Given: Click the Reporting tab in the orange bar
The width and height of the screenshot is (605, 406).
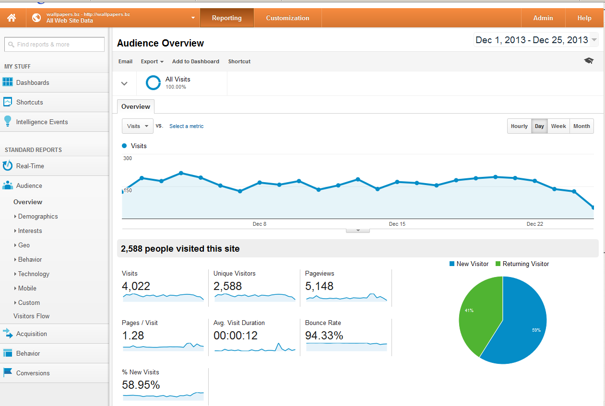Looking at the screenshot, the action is point(226,18).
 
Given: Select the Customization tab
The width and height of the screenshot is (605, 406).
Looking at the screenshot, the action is point(287,18).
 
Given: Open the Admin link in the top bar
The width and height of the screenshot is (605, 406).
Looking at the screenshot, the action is point(543,18).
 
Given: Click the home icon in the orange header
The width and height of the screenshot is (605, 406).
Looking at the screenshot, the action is point(12,18).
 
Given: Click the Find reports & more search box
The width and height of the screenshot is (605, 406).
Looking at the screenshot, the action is point(54,44).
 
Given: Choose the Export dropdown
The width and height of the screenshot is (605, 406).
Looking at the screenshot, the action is point(152,61).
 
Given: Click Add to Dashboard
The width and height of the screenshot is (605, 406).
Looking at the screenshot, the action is point(196,61).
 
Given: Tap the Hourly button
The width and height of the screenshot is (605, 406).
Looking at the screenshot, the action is point(519,126).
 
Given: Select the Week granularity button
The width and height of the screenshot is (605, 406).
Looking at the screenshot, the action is point(558,126).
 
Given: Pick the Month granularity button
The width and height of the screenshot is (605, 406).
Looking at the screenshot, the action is point(581,126).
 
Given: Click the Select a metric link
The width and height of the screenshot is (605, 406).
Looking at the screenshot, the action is point(186,126).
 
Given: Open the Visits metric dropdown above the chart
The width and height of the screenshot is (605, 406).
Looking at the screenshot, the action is point(138,126).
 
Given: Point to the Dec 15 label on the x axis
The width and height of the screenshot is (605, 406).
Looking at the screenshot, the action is point(397,224).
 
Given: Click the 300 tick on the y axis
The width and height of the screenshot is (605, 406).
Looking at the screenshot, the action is point(128,158).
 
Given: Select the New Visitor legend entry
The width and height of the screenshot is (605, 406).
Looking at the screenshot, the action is point(469,264).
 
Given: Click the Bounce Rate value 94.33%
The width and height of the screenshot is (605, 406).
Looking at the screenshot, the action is point(324,336).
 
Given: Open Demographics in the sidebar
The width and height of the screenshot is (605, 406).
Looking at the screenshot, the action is point(38,216).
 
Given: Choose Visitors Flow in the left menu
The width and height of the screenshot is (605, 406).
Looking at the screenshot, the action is point(31,316).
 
